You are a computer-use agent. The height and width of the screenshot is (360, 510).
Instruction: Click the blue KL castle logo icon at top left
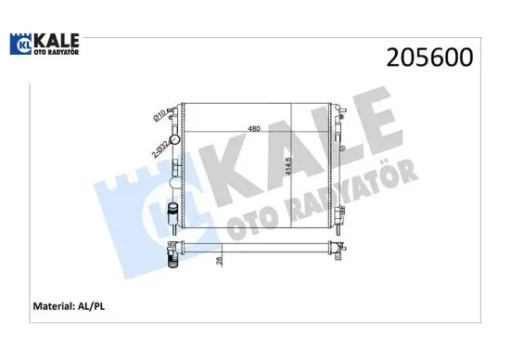tap(21, 45)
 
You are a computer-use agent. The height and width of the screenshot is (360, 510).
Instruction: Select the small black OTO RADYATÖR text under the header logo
tap(57, 52)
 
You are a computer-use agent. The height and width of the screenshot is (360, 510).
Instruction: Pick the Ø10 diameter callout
tap(159, 117)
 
